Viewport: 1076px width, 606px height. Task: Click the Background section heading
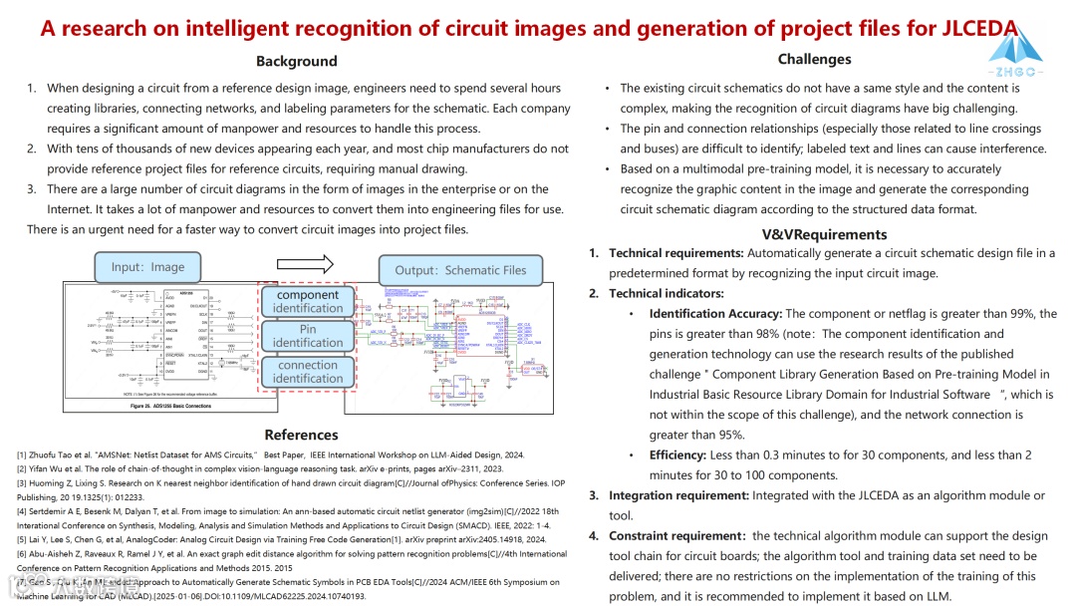tap(297, 62)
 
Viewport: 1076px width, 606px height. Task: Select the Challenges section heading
tap(814, 60)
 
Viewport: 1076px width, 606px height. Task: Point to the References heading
tap(301, 435)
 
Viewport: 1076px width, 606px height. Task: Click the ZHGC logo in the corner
tap(1015, 53)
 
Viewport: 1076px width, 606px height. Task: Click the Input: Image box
tap(147, 267)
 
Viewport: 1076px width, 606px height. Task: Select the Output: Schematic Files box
tap(460, 270)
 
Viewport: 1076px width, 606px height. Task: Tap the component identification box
tap(308, 302)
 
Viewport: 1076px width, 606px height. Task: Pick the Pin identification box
tap(308, 336)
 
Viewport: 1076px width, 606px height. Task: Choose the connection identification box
tap(308, 372)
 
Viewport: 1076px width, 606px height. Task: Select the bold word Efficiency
tap(677, 455)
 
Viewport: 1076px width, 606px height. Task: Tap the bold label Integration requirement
tap(678, 495)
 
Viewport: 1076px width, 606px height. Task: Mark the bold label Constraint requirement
tap(676, 536)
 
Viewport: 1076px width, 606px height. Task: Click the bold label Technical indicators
tap(667, 293)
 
